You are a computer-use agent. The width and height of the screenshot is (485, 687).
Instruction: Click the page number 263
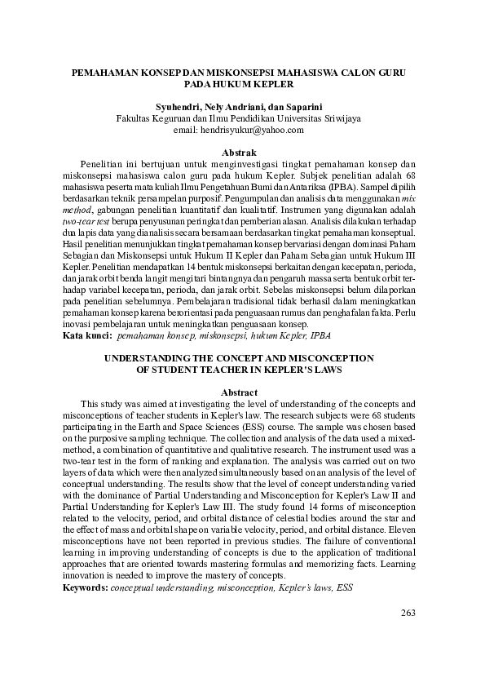click(x=409, y=614)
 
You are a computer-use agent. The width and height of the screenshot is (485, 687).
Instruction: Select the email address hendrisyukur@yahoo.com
click(x=250, y=130)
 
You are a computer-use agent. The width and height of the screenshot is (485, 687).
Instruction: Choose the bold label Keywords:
click(x=86, y=586)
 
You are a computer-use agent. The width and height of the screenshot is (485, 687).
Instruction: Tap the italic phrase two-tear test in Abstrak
click(x=89, y=221)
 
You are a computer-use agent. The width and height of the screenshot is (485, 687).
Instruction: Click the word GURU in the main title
click(x=391, y=73)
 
